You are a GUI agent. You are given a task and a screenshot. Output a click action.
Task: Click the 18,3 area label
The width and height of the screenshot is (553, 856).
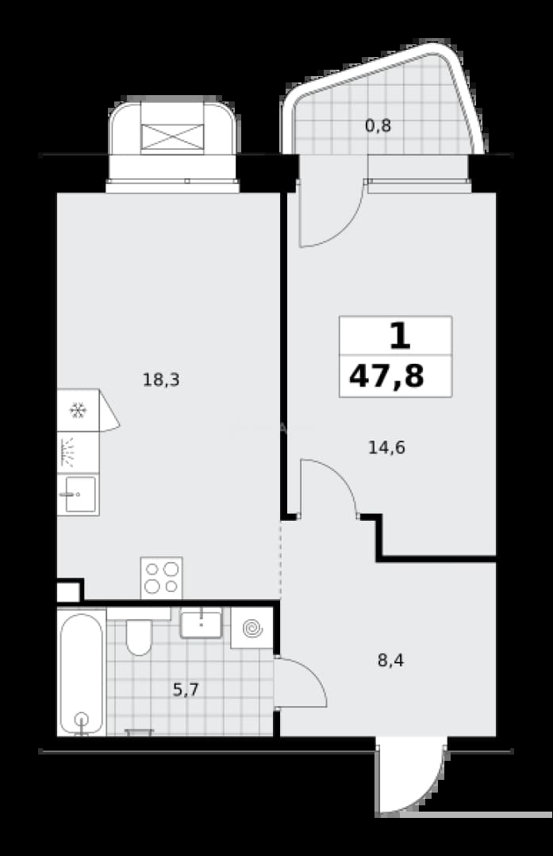pos(161,379)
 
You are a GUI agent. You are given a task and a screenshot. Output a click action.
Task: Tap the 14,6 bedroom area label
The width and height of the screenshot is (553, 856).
pos(386,448)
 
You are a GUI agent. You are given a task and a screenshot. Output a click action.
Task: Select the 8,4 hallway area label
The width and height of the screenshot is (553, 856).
pos(390,660)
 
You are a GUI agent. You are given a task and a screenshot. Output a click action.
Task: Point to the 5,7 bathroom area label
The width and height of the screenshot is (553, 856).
pos(186,690)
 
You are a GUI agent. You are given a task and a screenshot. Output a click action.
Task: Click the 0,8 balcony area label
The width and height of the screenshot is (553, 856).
pos(378,126)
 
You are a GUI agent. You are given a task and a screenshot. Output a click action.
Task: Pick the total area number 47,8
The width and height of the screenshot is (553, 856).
pos(386,376)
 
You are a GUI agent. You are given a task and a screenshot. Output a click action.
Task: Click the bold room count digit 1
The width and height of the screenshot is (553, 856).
pos(400,336)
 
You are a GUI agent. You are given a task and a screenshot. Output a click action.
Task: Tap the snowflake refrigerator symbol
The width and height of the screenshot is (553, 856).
pos(78,411)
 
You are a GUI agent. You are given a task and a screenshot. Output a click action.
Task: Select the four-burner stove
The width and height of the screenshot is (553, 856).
pos(161,578)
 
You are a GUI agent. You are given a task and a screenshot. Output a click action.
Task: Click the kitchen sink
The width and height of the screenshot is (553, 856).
pos(78,495)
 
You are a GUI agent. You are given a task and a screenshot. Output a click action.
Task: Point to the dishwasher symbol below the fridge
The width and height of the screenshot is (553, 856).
pos(78,453)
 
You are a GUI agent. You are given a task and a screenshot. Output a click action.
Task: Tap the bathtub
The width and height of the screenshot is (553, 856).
pos(82,674)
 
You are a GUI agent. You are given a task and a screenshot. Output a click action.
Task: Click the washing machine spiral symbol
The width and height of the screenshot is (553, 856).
pos(252,629)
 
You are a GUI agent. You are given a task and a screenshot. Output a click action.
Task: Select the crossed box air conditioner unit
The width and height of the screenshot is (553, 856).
pos(173,136)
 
